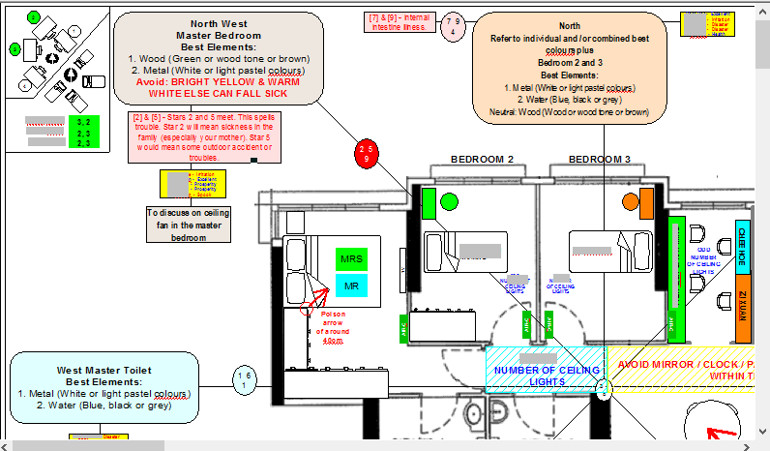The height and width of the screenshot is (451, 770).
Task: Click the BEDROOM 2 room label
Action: click(482, 159)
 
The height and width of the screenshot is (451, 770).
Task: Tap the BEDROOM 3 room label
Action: click(599, 159)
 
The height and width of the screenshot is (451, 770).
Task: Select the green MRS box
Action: click(351, 259)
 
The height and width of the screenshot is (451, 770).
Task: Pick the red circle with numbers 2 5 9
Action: click(366, 154)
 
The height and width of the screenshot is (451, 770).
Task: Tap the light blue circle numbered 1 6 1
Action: click(246, 380)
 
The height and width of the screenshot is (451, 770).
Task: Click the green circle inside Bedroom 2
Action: click(449, 202)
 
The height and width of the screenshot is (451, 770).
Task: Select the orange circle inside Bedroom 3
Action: click(630, 202)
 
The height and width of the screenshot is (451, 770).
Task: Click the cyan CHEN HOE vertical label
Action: click(742, 246)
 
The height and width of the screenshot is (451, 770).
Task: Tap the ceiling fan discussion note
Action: click(190, 224)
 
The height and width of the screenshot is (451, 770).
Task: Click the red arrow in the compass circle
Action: click(722, 435)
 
